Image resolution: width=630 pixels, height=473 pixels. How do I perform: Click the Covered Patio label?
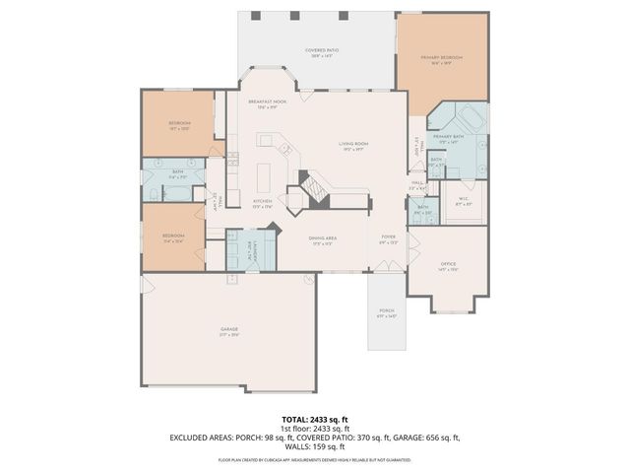[318, 51]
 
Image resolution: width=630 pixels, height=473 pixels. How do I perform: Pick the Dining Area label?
[324, 239]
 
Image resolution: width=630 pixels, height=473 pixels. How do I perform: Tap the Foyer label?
[388, 238]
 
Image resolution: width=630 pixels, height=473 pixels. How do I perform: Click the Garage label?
[228, 331]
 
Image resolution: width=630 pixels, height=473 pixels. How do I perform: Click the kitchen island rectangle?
[263, 178]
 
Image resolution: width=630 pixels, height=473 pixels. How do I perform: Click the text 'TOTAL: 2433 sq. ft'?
[314, 418]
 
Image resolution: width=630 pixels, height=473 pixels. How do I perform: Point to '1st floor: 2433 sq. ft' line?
[314, 428]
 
